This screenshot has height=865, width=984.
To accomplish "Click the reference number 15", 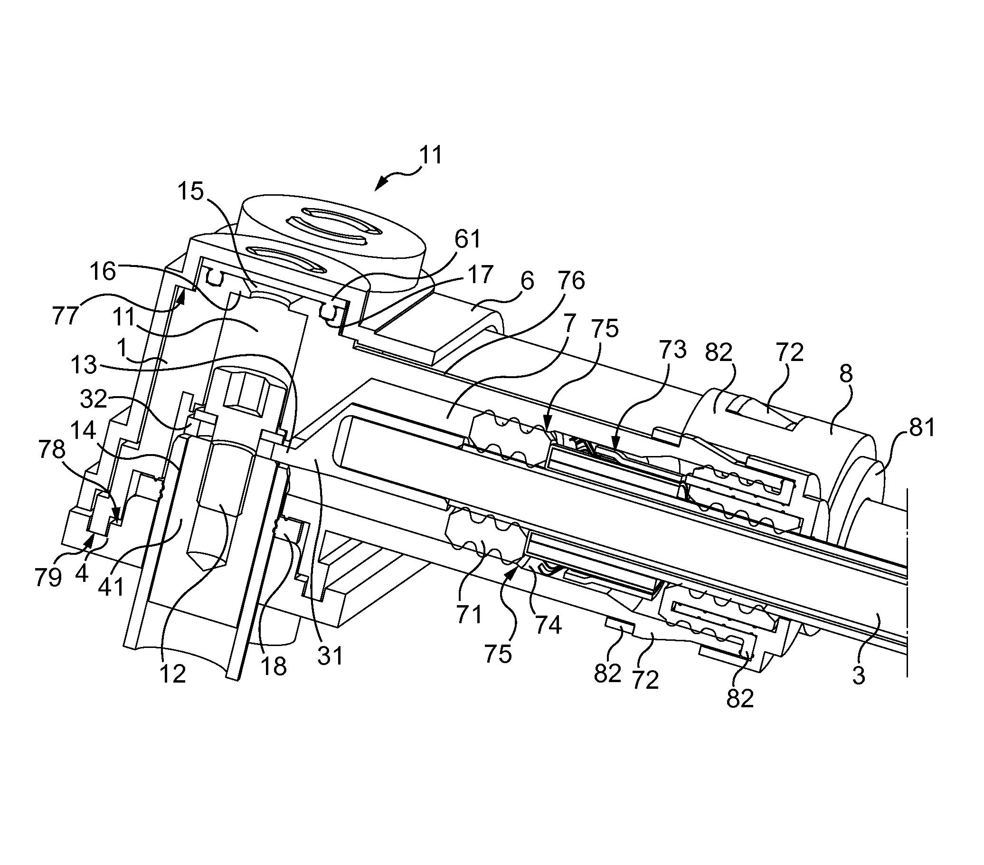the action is click(191, 192).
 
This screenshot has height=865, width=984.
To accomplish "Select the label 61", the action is click(468, 239).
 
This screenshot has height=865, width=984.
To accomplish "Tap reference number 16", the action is click(103, 272).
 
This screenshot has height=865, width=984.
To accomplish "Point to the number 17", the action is click(480, 275).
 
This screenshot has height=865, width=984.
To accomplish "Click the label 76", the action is click(571, 281).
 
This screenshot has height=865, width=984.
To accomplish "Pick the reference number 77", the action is click(66, 316).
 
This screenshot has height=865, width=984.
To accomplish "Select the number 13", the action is click(85, 365).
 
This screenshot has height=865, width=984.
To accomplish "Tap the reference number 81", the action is click(921, 428).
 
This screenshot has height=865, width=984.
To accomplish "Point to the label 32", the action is click(94, 399).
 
